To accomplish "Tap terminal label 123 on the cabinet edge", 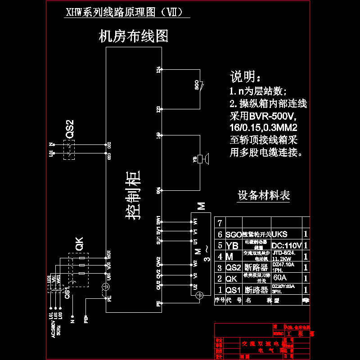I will click(158, 109).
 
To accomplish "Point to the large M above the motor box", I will click(202, 206).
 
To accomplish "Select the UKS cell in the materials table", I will click(280, 234).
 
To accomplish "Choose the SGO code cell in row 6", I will click(234, 234).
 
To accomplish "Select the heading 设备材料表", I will click(264, 195).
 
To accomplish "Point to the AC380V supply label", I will click(53, 329).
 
